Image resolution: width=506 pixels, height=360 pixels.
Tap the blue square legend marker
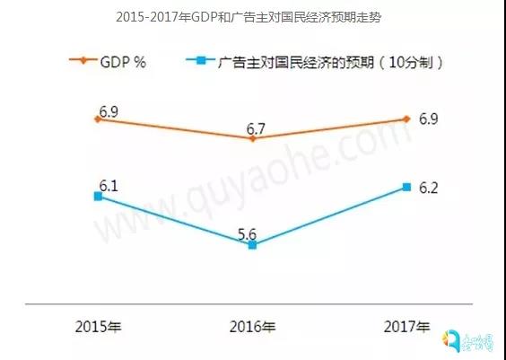202,61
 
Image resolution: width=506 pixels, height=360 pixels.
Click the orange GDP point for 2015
98,119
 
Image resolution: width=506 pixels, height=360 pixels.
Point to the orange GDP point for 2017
407,119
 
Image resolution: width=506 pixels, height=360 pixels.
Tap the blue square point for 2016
252,244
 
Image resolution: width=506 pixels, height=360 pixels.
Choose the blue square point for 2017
407,186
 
